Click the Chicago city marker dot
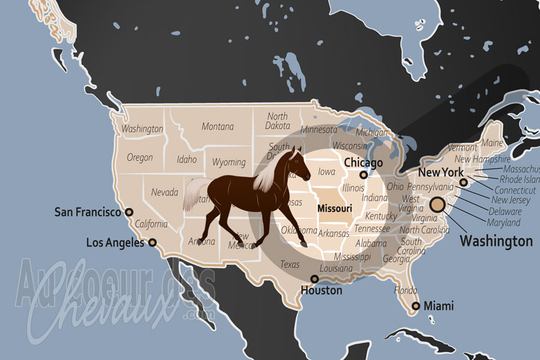pyautogui.click(x=363, y=175)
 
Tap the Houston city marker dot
pyautogui.click(x=314, y=279)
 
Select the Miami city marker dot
pyautogui.click(x=416, y=306)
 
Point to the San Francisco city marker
pyautogui.click(x=128, y=212)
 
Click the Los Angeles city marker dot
pyautogui.click(x=152, y=242)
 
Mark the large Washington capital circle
pyautogui.click(x=437, y=204)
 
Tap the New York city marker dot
pyautogui.click(x=463, y=182)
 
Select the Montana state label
pyautogui.click(x=217, y=126)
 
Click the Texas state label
pyautogui.click(x=290, y=264)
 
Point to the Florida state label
pyautogui.click(x=405, y=290)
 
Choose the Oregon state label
pyautogui.click(x=140, y=157)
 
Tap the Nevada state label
pyautogui.click(x=165, y=192)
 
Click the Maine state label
pyautogui.click(x=492, y=143)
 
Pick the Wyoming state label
pyautogui.click(x=229, y=162)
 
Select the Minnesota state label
pyautogui.click(x=319, y=130)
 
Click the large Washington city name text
pyautogui.click(x=496, y=240)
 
